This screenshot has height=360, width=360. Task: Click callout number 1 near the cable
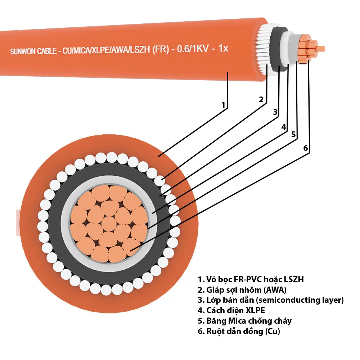(224, 105)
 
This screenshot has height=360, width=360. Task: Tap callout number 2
(262, 99)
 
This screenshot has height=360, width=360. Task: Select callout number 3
(275, 112)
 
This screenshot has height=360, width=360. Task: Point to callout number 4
(284, 127)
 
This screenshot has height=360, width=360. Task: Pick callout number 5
(293, 134)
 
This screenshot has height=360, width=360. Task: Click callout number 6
(306, 148)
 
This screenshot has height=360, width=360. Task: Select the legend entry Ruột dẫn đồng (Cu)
(239, 331)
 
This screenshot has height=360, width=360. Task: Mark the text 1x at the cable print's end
(223, 49)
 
